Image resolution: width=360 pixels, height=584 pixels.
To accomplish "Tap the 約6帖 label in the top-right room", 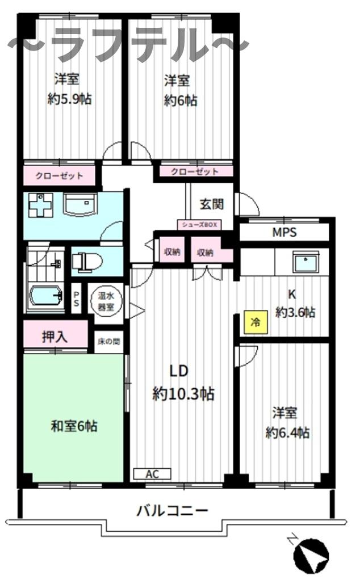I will (x=181, y=100).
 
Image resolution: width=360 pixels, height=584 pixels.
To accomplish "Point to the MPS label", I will (x=284, y=233).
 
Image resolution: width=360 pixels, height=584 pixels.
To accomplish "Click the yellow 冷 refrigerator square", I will (x=255, y=322).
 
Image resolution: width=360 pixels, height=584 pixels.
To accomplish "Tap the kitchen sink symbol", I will (x=307, y=263).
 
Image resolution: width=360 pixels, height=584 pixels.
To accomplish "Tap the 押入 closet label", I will (x=55, y=336).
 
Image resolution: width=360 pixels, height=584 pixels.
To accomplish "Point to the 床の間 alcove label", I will (x=108, y=342).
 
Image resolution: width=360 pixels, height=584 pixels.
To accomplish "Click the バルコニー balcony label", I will (x=171, y=510).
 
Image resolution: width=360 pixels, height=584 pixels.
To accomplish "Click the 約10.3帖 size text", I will (x=183, y=394).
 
